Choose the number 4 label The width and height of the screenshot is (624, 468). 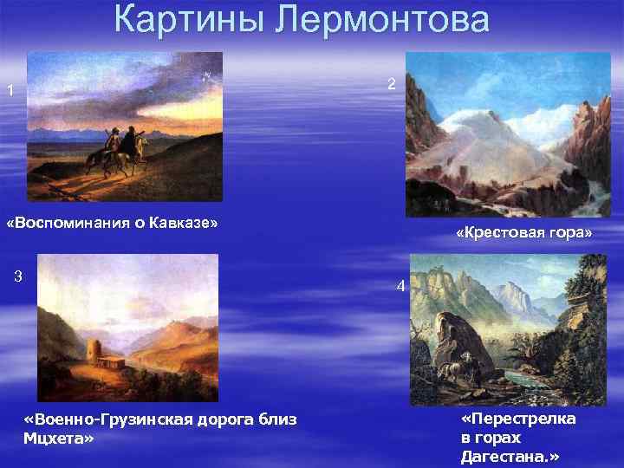coord(400,286)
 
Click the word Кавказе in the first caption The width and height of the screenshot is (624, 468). coord(184,223)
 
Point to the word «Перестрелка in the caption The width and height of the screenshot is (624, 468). coord(518,419)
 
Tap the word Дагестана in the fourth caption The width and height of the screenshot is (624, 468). coord(508,455)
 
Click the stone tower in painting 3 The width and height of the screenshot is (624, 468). coord(94,353)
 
